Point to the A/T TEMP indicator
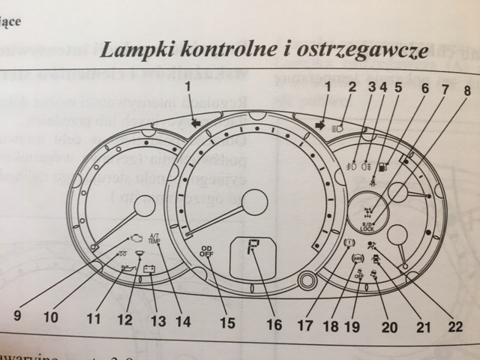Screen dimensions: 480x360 tap(155, 238)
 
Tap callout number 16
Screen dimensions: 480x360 tap(274, 324)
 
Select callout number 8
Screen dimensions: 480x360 tap(466, 91)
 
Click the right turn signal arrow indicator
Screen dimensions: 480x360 tap(320, 124)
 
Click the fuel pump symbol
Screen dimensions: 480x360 tap(383, 166)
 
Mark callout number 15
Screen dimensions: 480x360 tap(227, 323)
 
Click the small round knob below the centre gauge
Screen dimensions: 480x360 tap(304, 283)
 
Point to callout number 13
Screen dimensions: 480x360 tap(157, 319)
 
